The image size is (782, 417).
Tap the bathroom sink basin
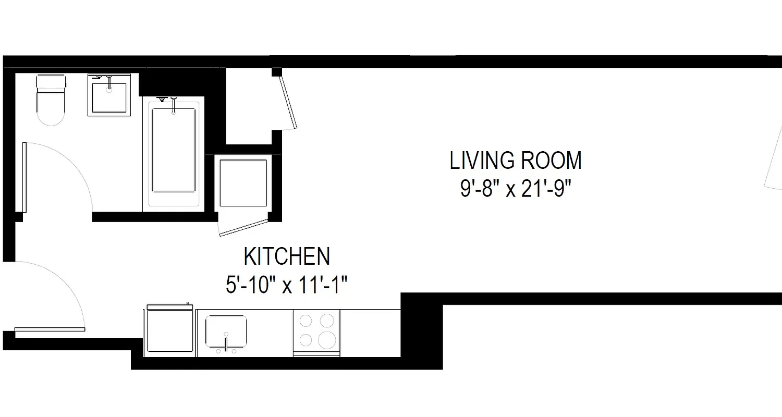109,98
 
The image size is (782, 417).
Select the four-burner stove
316,333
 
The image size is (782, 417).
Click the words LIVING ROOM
515,161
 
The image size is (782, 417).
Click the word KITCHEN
287,256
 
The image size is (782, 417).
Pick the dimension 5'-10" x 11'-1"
287,285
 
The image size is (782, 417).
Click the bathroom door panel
24,177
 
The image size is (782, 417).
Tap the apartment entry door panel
50,329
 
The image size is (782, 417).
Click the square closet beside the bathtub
243,183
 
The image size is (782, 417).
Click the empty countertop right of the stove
370,333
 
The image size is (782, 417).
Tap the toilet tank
51,82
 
